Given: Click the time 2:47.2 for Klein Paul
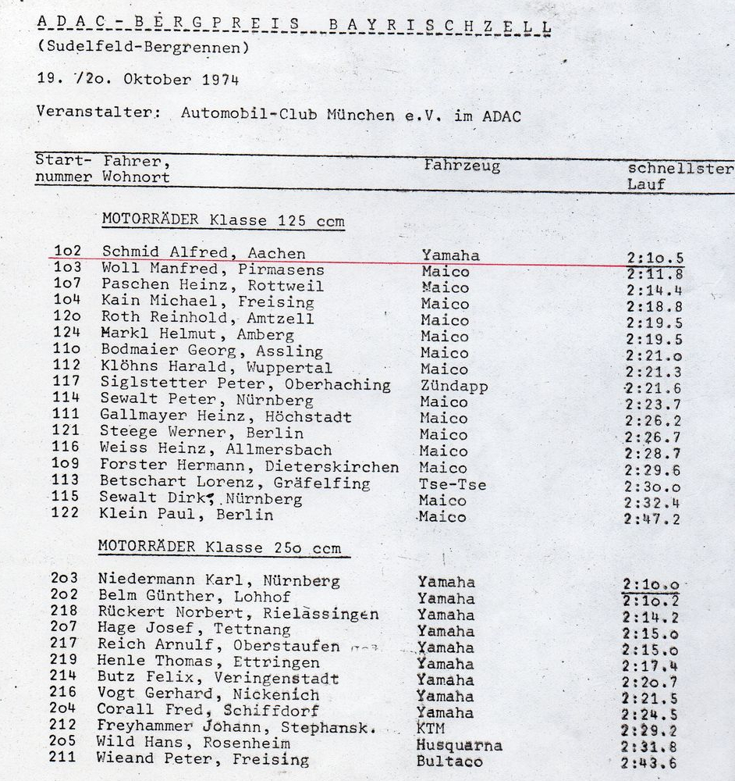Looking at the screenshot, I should click(652, 519).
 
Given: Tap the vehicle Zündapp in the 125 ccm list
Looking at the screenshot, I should click(453, 385).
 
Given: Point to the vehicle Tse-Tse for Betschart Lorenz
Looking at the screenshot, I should click(453, 484).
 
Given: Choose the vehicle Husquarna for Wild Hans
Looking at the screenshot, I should click(459, 745).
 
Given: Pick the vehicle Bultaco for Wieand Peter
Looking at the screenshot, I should click(449, 761).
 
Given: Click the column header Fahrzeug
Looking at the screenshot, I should click(462, 166).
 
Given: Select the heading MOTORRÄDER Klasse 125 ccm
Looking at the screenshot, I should click(223, 221).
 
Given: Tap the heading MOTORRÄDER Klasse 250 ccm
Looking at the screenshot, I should click(219, 547).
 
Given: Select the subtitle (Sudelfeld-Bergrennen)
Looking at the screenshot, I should click(143, 47).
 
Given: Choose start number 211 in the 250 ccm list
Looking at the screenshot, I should click(62, 758).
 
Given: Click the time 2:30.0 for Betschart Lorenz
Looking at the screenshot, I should click(652, 486).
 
